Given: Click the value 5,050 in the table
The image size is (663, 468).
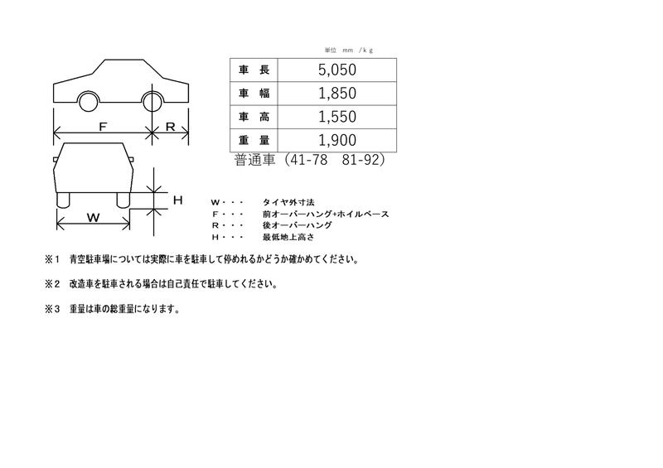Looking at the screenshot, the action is [337, 70].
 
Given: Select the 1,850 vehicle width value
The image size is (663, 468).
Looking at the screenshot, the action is [337, 93].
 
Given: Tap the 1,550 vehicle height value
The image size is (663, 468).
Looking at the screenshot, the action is [337, 117].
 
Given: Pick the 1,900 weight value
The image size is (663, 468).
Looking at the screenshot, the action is [337, 140].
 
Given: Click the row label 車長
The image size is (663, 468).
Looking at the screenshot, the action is [254, 70].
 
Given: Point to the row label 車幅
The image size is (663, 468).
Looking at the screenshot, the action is [254, 93].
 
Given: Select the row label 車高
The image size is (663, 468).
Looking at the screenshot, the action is [254, 117].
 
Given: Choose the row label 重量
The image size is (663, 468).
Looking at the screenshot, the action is [254, 140].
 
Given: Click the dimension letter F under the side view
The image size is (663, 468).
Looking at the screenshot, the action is [103, 127].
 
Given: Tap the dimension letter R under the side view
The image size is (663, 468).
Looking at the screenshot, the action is [170, 127].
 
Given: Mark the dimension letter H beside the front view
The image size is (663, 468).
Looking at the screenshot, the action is [177, 200].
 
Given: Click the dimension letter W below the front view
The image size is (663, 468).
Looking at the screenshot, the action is [93, 217].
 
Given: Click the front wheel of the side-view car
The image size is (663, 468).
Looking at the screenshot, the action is [90, 101].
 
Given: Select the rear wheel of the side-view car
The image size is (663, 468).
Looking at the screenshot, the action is [153, 101].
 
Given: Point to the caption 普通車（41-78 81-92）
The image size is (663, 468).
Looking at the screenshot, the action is [309, 160].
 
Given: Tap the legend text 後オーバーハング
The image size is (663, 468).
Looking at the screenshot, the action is [297, 225].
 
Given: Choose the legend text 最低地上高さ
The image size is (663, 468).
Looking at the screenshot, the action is [288, 237].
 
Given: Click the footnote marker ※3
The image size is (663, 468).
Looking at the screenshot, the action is [53, 309].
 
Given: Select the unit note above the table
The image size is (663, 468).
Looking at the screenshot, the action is [348, 50].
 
